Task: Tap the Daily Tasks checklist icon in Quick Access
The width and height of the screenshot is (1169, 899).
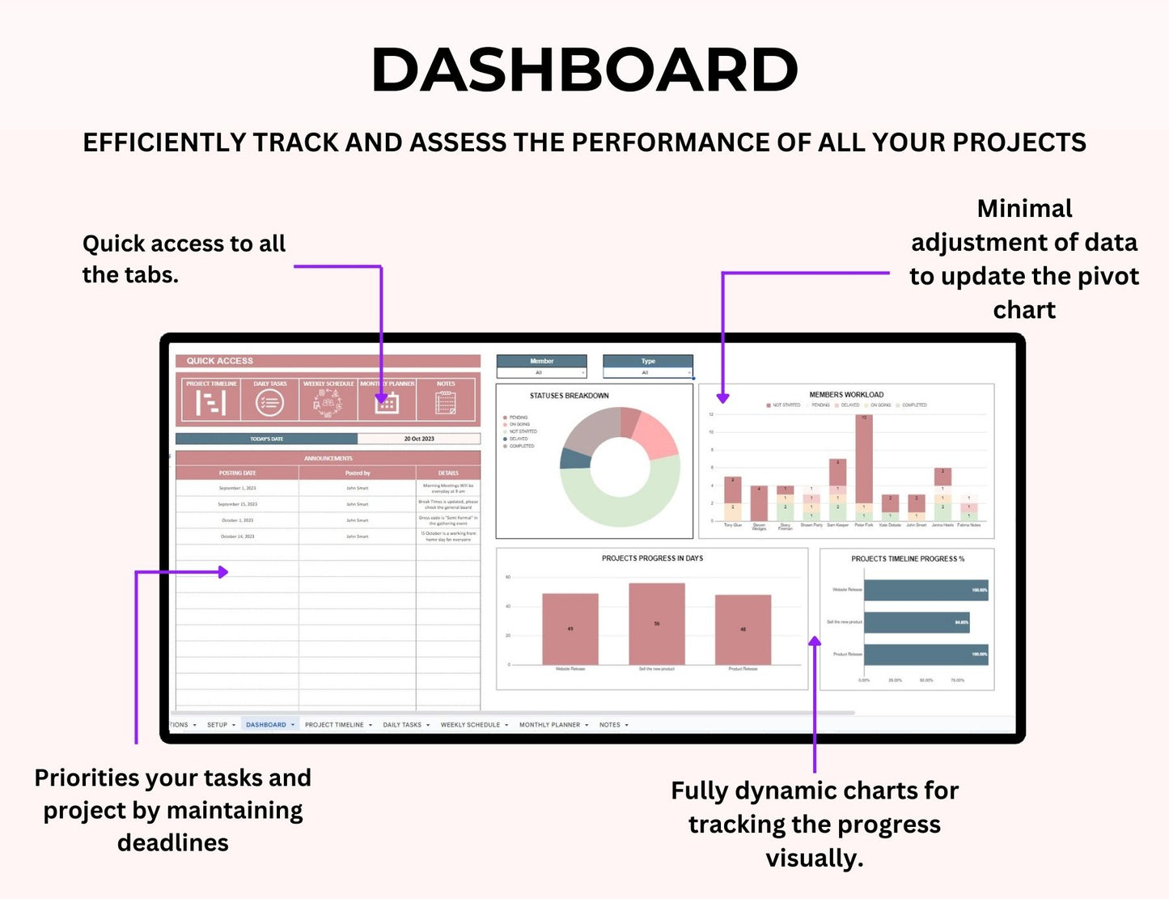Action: click(269, 401)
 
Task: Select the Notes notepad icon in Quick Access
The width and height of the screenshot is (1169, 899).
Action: click(446, 402)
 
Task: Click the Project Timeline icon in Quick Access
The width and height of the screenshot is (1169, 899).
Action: click(211, 401)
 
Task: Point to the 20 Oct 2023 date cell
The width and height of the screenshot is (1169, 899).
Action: click(419, 439)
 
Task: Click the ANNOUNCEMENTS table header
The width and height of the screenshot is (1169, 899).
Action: click(328, 458)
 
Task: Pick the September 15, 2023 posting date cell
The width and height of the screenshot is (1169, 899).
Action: click(237, 504)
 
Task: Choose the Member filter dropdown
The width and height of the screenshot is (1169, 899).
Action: click(541, 372)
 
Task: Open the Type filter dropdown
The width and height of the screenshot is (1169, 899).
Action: click(647, 372)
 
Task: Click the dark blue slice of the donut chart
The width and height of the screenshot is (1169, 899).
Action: click(575, 458)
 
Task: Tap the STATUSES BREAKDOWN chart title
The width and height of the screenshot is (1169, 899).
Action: click(569, 396)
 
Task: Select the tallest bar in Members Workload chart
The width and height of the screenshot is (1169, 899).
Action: click(864, 460)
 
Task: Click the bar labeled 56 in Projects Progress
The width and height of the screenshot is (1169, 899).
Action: click(657, 623)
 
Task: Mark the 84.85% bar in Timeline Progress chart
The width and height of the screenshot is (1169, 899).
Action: click(916, 622)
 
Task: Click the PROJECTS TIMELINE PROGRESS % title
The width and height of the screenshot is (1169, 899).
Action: click(907, 558)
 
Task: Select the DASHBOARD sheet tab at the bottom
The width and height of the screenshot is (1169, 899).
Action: click(266, 725)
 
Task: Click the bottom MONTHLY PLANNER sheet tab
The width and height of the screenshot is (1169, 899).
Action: click(549, 725)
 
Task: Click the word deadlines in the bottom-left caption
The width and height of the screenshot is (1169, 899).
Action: click(172, 843)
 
